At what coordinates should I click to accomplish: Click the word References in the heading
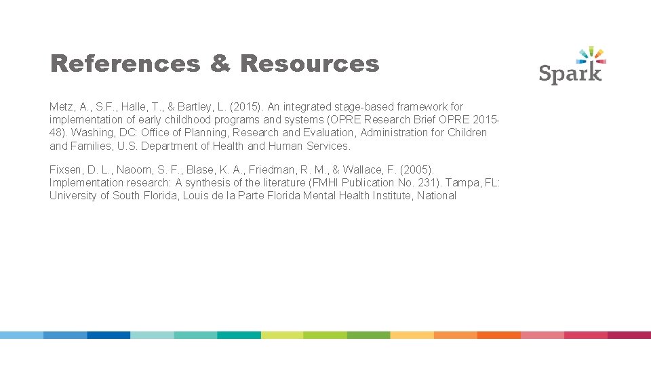(125, 64)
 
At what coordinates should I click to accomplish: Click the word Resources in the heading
(309, 64)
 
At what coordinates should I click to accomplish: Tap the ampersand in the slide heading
(220, 64)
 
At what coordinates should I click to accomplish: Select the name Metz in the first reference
(61, 106)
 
